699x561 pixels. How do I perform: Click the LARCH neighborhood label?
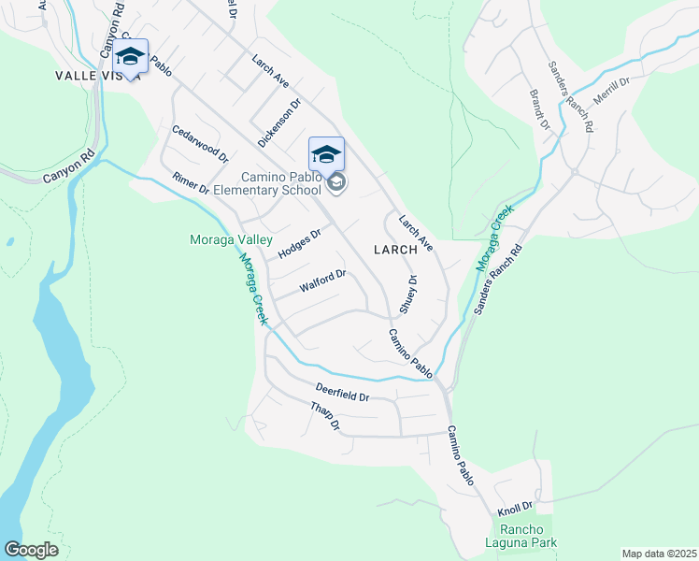tap(404, 250)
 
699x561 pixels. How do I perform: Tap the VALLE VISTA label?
tap(97, 75)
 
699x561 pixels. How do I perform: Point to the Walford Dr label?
tap(322, 280)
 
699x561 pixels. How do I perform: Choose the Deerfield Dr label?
tap(342, 392)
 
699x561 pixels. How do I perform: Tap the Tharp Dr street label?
tap(326, 416)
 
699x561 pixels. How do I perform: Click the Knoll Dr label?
tap(514, 507)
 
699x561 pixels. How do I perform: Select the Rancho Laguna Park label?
tap(521, 536)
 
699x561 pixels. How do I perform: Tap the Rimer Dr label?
tap(191, 183)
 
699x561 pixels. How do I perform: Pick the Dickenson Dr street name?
tap(279, 123)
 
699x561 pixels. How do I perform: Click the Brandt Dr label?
tap(539, 108)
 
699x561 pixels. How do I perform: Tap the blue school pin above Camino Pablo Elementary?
tap(326, 153)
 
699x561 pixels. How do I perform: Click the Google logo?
tap(31, 550)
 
